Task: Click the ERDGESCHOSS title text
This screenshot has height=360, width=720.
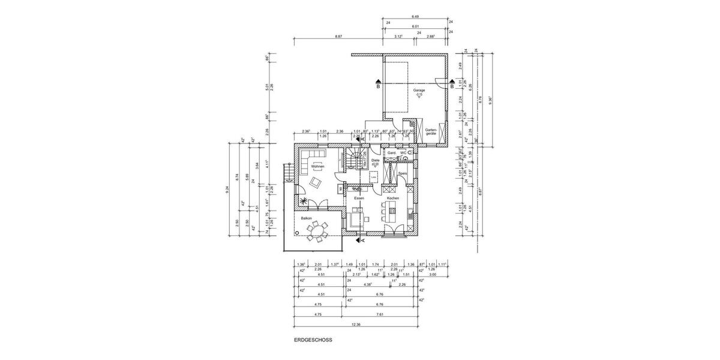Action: tap(313, 340)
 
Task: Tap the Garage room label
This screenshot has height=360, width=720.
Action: tap(418, 91)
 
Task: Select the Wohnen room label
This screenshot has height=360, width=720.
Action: tap(317, 166)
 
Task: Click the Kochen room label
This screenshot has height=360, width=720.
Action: tap(392, 197)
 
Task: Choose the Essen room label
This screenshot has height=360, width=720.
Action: tap(359, 197)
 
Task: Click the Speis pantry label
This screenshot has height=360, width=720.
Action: tap(403, 173)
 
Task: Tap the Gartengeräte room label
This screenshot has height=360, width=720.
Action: tap(431, 131)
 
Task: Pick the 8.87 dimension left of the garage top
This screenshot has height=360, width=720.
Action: tap(338, 37)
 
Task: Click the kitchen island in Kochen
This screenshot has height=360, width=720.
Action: tap(393, 210)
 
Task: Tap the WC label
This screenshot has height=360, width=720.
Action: tap(403, 153)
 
